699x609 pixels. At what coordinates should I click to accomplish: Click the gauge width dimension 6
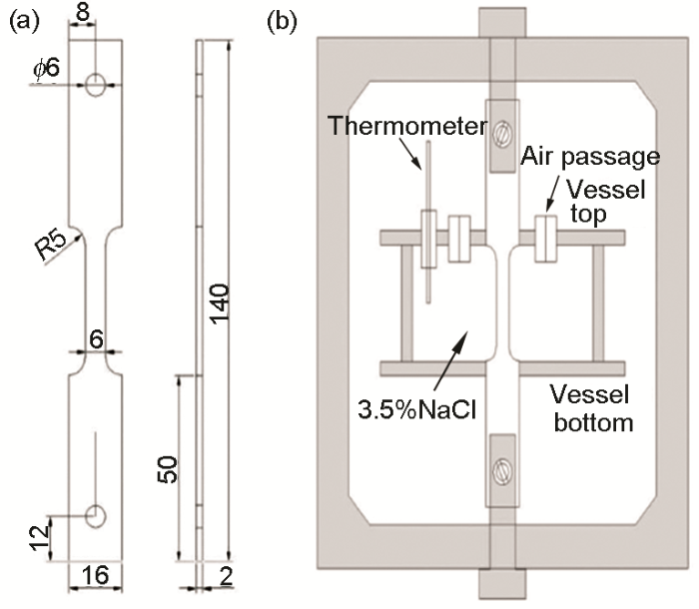96,340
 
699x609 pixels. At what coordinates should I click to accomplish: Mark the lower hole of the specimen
95,515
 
